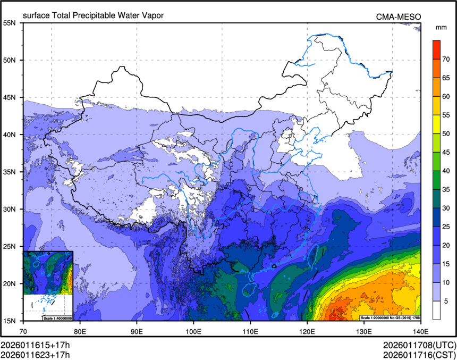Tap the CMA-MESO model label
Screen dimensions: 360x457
pyautogui.click(x=398, y=16)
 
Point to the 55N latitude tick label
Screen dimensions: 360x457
pyautogui.click(x=10, y=23)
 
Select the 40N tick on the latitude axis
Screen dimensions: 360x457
pyautogui.click(x=10, y=135)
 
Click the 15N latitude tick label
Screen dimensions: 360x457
pyautogui.click(x=10, y=321)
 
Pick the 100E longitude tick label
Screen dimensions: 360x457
pyautogui.click(x=193, y=331)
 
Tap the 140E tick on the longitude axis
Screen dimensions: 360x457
pyautogui.click(x=420, y=331)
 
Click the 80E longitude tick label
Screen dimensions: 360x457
pyautogui.click(x=80, y=331)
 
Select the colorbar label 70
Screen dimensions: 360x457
pyautogui.click(x=447, y=60)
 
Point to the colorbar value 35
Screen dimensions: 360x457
pyautogui.click(x=447, y=189)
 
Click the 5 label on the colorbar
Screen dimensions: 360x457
pyautogui.click(x=447, y=301)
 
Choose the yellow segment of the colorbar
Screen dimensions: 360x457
pyautogui.click(x=436, y=124)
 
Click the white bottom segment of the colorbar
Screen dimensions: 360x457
pyautogui.click(x=436, y=310)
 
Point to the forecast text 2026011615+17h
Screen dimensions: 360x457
pyautogui.click(x=35, y=344)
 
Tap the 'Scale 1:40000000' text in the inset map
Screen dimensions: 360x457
pyautogui.click(x=57, y=318)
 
